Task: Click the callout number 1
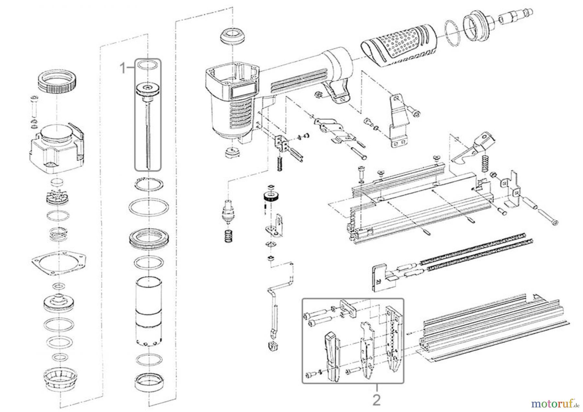[x=122, y=68]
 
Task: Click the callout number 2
[x=376, y=401]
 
